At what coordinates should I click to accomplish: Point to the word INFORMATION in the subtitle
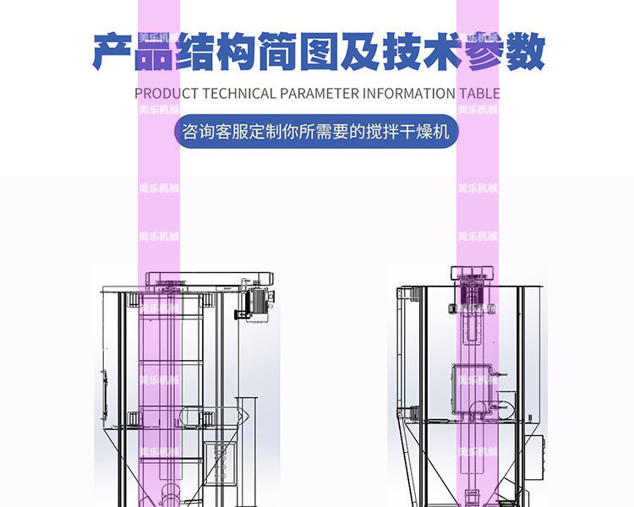point(410,94)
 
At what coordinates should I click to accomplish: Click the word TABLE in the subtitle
point(479,94)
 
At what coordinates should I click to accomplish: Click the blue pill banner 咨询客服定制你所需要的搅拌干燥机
point(316,133)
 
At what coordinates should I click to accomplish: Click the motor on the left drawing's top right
point(256,302)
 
